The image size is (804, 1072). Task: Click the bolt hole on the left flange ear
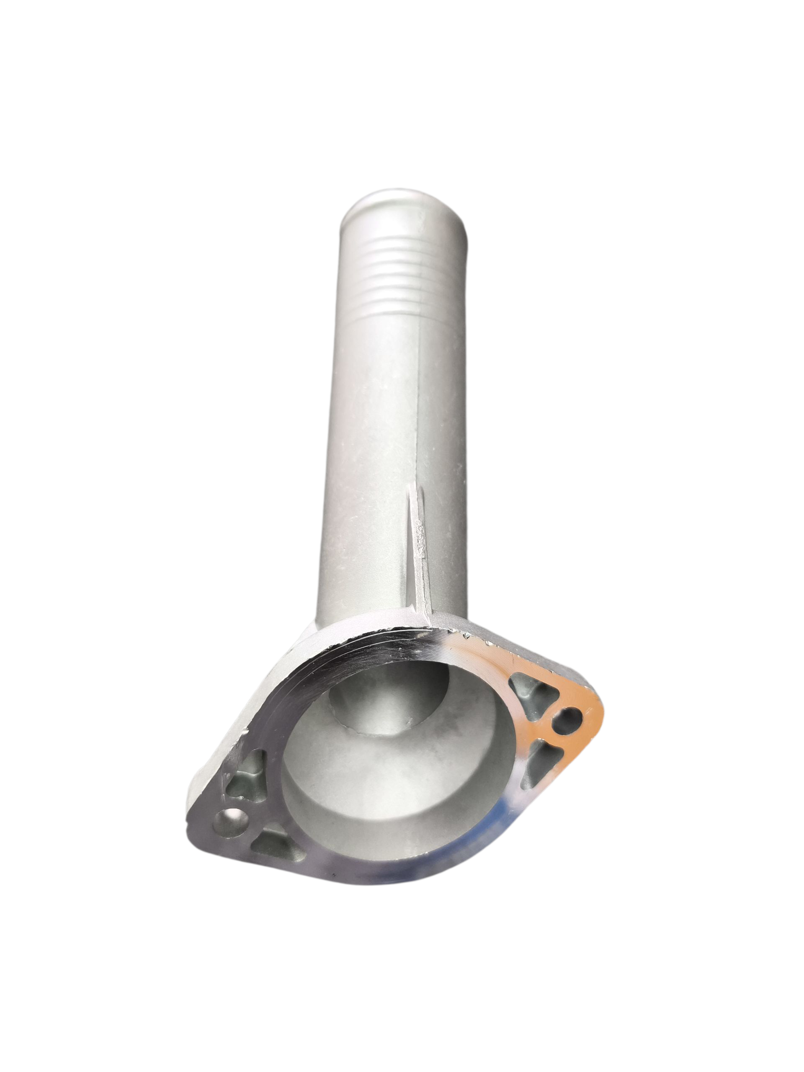pos(231,822)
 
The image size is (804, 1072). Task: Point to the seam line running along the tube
pos(418,397)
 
